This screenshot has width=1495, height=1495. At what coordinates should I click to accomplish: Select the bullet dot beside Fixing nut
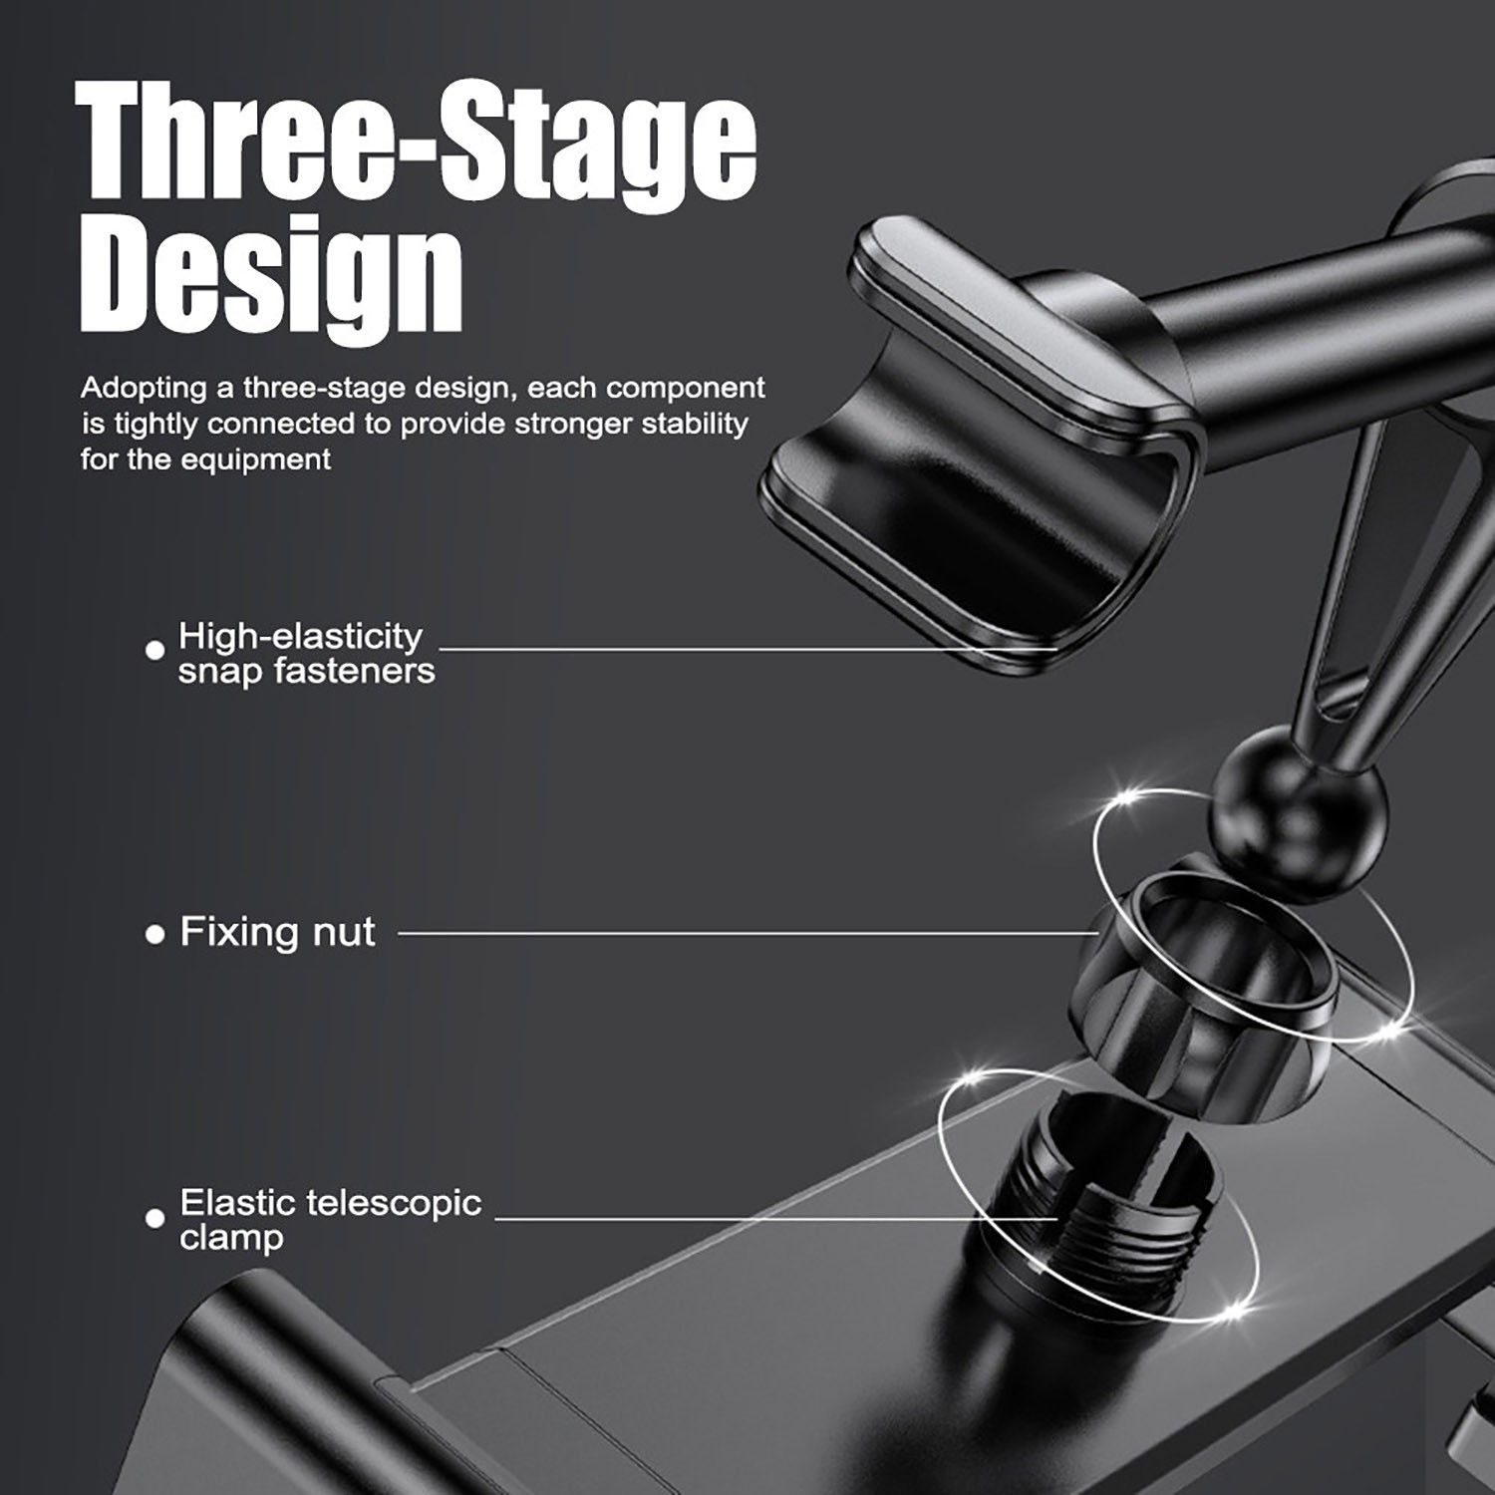(x=154, y=935)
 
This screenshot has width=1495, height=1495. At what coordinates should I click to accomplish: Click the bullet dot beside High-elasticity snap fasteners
(x=154, y=650)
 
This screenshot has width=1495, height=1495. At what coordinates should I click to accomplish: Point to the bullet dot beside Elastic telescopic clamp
(x=154, y=1218)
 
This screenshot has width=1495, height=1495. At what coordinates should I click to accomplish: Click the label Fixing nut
(x=277, y=932)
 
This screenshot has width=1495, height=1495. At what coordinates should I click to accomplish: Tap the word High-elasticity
(x=300, y=636)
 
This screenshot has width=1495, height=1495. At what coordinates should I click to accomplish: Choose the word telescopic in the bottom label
(x=394, y=1204)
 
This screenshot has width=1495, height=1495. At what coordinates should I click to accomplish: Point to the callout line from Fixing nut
(x=747, y=934)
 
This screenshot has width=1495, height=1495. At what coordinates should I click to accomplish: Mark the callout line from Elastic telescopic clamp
(x=775, y=1218)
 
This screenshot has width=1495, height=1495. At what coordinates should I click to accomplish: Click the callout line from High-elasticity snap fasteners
(x=747, y=649)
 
